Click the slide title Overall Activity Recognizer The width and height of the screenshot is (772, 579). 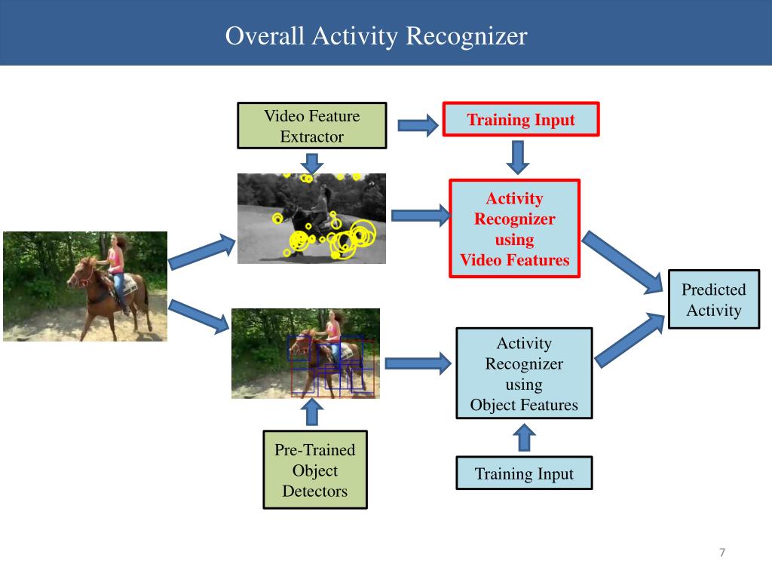pyautogui.click(x=376, y=36)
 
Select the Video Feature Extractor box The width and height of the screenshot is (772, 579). pyautogui.click(x=311, y=127)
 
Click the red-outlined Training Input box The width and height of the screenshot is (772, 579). pyautogui.click(x=520, y=120)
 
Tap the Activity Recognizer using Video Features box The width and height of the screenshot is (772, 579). pyautogui.click(x=515, y=229)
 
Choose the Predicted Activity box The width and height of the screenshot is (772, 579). pyautogui.click(x=713, y=300)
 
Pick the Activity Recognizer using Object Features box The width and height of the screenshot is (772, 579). pyautogui.click(x=524, y=374)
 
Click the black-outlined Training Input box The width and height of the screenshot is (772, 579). pyautogui.click(x=524, y=473)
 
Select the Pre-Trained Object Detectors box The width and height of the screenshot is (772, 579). pyautogui.click(x=314, y=470)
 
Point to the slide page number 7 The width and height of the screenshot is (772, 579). pyautogui.click(x=721, y=553)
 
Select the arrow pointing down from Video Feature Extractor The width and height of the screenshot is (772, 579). pyautogui.click(x=311, y=162)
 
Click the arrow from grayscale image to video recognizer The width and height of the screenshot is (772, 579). pyautogui.click(x=419, y=216)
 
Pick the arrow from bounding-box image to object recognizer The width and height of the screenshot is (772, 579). pyautogui.click(x=417, y=365)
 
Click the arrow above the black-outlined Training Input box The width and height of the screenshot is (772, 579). pyautogui.click(x=525, y=437)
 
